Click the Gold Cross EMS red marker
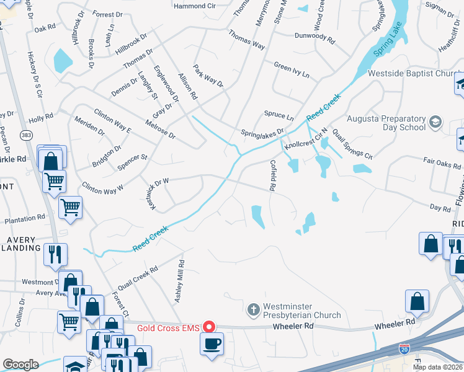point(209,326)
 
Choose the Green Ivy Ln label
point(292,68)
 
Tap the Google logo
point(20,365)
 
